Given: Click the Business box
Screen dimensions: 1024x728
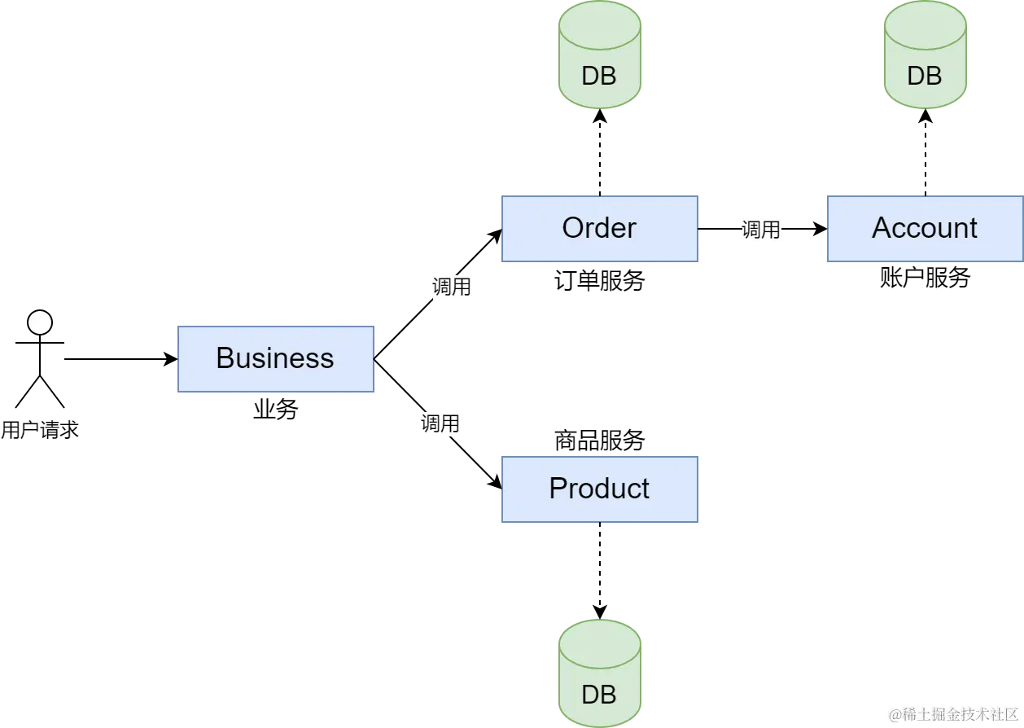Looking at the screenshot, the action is coord(276,359).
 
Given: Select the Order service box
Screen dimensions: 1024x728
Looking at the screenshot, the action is coord(600,229).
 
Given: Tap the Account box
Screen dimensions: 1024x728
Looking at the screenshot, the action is coord(926,229).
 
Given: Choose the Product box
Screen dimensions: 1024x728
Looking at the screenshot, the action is coord(600,489).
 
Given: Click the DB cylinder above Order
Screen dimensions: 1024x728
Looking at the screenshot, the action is coord(600,55).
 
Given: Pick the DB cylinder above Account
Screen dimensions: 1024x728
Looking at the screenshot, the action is coord(926,55).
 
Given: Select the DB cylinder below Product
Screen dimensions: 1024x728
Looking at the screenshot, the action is coord(600,673).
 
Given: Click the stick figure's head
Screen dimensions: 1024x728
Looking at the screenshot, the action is coord(40,322).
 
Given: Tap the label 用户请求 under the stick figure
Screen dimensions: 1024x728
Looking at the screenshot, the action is coord(40,430).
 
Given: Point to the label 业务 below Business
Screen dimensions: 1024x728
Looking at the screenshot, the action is coord(276,409).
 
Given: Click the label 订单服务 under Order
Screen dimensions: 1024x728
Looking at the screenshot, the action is coord(600,280).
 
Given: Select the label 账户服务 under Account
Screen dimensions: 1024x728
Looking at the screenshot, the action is coord(926,277).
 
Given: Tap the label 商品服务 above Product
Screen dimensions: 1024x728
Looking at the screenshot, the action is coord(600,441).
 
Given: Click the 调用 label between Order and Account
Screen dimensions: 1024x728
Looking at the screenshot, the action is coord(761,229).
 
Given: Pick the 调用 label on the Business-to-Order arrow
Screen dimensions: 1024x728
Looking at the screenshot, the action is coord(452,287).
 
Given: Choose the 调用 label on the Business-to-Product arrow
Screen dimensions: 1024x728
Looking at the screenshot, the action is coord(440,423).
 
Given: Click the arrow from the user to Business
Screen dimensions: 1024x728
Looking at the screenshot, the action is coord(121,359).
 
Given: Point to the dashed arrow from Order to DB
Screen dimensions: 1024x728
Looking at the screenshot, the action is coord(600,152).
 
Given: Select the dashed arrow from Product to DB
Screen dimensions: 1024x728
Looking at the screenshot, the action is coord(600,571).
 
